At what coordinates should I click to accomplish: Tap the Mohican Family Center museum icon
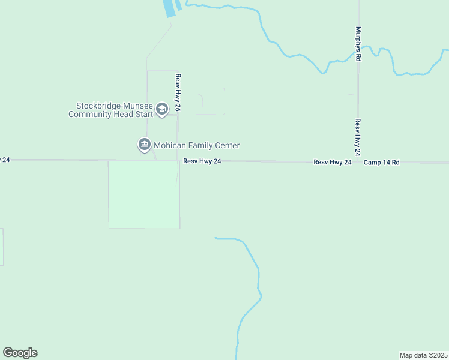pos(144,145)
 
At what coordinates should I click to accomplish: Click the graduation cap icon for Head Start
pos(161,109)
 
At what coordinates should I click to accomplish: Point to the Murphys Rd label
pos(358,43)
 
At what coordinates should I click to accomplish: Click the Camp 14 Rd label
pos(381,162)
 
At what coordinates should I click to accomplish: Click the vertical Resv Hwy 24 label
pos(357,137)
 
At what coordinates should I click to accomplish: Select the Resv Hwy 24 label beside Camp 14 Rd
pos(332,162)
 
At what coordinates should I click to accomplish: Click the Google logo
pos(20,353)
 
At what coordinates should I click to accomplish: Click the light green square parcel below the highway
pos(144,195)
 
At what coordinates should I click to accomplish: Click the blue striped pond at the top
pos(172,7)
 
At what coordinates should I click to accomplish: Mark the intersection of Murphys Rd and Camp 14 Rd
pos(358,162)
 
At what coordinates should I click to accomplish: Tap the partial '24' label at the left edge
pos(5,160)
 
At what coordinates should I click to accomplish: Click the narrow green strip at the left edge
pos(1,247)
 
